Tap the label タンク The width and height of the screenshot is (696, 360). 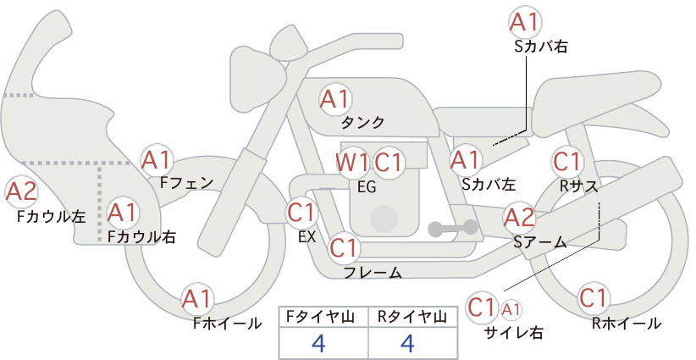[x=363, y=122]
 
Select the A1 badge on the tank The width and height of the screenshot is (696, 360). [x=335, y=99]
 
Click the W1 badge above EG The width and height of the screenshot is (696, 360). [x=352, y=162]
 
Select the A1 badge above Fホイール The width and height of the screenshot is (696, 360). [x=200, y=299]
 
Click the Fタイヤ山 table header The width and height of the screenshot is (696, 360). [x=323, y=316]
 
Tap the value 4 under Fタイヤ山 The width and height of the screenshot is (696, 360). [x=319, y=342]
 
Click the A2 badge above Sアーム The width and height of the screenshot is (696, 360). [x=519, y=219]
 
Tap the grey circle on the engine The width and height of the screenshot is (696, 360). [x=385, y=219]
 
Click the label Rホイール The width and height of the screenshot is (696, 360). [x=627, y=324]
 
